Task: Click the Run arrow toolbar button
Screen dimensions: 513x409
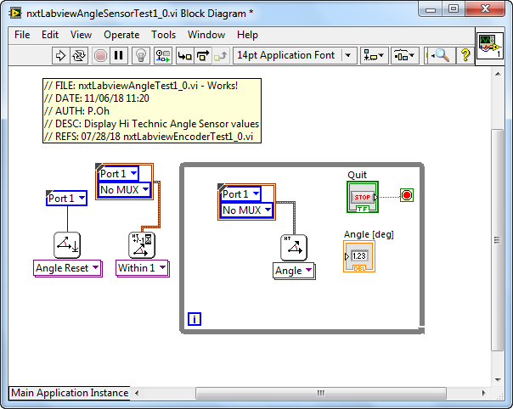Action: click(60, 55)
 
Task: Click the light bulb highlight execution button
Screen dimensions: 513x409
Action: click(141, 55)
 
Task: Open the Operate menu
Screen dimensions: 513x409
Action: click(121, 35)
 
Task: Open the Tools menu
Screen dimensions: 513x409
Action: click(163, 35)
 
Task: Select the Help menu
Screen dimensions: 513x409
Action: click(247, 35)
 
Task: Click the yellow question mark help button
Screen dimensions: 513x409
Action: click(465, 55)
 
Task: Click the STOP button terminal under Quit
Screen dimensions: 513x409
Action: click(363, 197)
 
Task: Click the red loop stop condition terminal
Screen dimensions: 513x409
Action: click(407, 195)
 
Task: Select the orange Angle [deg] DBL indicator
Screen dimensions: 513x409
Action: click(359, 256)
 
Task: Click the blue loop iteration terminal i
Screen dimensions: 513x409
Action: click(194, 319)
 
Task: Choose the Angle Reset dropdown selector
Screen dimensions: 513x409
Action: click(68, 268)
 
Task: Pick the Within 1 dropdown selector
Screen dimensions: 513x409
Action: click(143, 268)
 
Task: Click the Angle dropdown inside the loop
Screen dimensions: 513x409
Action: click(294, 271)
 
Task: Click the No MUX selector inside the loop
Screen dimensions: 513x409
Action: click(246, 210)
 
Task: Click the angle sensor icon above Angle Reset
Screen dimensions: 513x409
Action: click(67, 245)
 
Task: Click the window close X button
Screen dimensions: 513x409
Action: click(485, 8)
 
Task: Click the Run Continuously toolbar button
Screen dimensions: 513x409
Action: click(79, 55)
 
